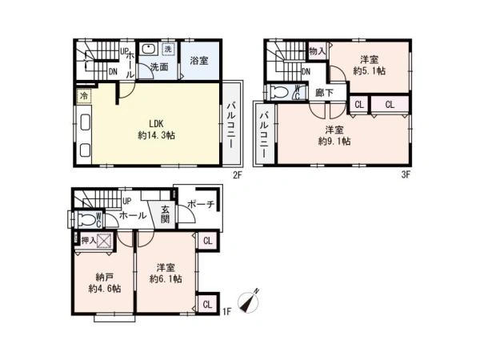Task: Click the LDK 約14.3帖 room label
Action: tap(157, 130)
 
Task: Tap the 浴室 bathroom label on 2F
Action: tap(199, 61)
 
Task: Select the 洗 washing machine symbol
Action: tap(168, 49)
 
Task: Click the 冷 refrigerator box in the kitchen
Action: tap(83, 96)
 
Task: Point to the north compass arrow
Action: tap(250, 302)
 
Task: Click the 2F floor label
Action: tap(238, 175)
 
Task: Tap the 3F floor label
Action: tap(406, 174)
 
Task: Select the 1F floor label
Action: tap(227, 312)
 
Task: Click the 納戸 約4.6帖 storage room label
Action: tap(104, 283)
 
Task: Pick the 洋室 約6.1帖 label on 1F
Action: tap(166, 274)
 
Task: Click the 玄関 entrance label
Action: tap(165, 214)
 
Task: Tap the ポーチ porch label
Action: tap(201, 204)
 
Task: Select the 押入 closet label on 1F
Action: tap(89, 241)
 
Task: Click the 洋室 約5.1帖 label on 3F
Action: tap(369, 66)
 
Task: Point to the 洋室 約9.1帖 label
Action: tap(334, 136)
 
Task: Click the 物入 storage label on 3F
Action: tap(317, 51)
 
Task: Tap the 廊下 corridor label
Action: tap(324, 93)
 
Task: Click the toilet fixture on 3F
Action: tap(280, 92)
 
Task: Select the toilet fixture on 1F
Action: tap(86, 219)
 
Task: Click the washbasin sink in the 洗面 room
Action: tap(148, 50)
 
